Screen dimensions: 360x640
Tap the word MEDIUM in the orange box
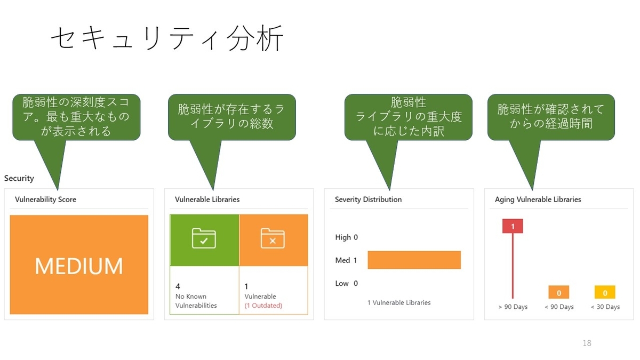click(x=79, y=266)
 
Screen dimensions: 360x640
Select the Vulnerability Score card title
click(x=45, y=199)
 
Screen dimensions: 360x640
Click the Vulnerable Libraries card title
click(x=207, y=199)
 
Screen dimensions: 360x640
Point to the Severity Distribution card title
click(x=368, y=199)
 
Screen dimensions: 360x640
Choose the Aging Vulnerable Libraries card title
click(x=538, y=199)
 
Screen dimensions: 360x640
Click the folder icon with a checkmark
click(x=204, y=239)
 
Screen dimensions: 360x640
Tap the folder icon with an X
click(x=273, y=239)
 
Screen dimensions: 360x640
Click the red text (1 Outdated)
click(x=263, y=306)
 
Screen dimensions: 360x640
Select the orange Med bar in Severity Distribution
click(x=414, y=260)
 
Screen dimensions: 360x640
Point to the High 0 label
click(x=346, y=237)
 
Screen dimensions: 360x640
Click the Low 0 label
click(x=346, y=283)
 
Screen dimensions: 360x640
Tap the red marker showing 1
click(x=513, y=227)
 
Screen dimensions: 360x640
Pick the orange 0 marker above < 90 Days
click(x=559, y=292)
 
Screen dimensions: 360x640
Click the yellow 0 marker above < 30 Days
click(x=605, y=292)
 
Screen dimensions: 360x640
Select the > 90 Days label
click(x=513, y=307)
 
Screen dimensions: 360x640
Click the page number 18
click(x=587, y=343)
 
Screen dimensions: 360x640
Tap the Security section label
click(x=19, y=178)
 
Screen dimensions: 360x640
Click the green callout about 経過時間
click(x=551, y=117)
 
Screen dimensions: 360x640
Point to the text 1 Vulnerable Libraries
click(x=399, y=302)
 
